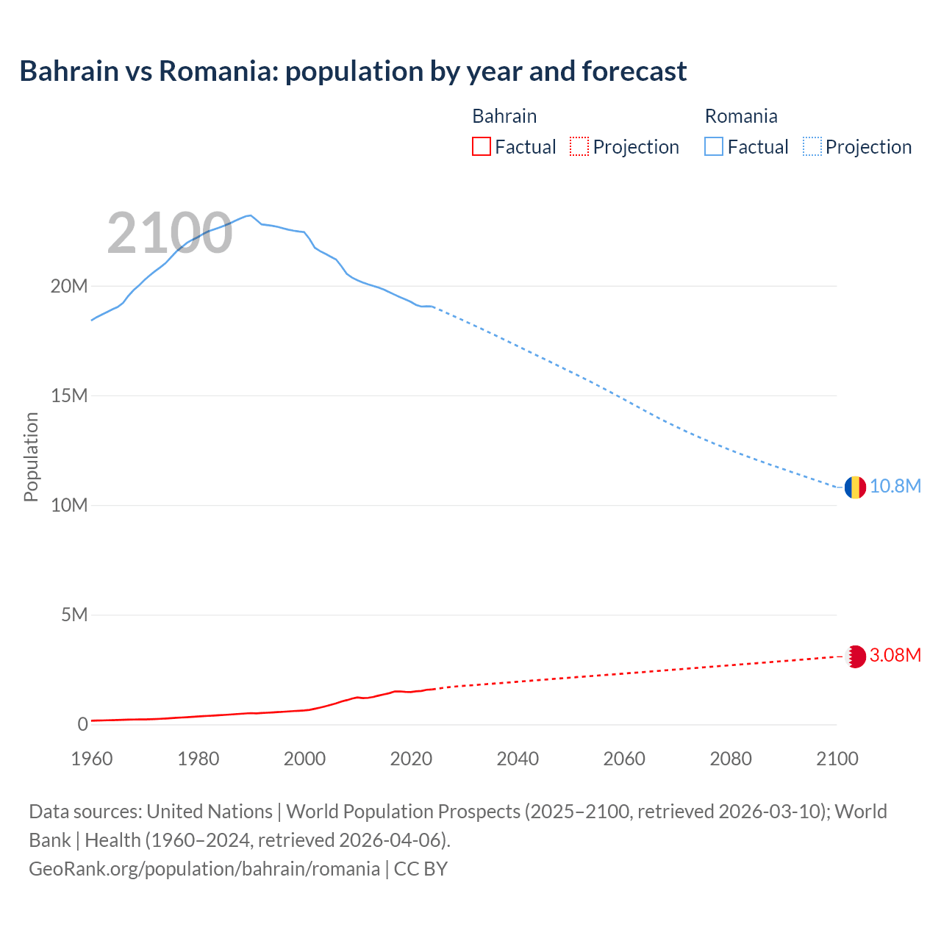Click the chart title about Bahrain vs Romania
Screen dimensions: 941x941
353,71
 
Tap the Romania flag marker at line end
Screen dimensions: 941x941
854,487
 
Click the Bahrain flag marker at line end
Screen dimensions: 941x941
854,656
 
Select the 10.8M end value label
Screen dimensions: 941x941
895,487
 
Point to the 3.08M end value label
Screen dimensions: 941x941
895,656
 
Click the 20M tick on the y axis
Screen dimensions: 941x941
68,286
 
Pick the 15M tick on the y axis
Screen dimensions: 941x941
68,396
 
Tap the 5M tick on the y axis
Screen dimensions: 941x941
74,615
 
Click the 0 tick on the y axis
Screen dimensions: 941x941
82,724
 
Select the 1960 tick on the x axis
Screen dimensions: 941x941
92,759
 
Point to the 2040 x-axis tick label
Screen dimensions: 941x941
518,759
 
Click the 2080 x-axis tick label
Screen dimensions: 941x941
731,759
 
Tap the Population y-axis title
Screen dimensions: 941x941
31,457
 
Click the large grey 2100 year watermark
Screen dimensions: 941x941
170,234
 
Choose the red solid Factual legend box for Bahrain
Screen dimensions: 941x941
481,147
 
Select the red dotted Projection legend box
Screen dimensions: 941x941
579,147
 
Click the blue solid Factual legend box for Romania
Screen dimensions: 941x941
714,147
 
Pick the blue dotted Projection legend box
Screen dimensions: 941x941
812,147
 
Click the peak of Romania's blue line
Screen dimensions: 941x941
251,215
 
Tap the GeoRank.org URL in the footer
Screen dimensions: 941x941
204,869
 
